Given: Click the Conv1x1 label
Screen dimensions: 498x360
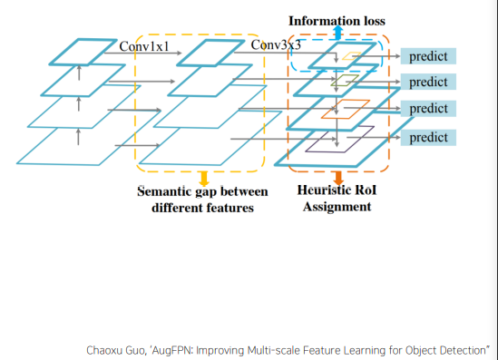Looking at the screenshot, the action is pyautogui.click(x=144, y=46).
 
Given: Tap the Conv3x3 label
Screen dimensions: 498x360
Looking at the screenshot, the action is pyautogui.click(x=276, y=45).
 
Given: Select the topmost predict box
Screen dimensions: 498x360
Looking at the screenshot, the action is pyautogui.click(x=428, y=56).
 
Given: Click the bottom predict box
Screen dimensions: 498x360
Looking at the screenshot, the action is pyautogui.click(x=428, y=138).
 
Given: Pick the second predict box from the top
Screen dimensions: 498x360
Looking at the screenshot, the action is pyautogui.click(x=428, y=82).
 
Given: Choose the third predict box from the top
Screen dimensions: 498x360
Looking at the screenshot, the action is pyautogui.click(x=428, y=109).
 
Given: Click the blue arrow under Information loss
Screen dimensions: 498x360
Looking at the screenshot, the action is pyautogui.click(x=338, y=33).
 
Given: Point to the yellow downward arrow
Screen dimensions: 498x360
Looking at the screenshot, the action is pyautogui.click(x=203, y=179).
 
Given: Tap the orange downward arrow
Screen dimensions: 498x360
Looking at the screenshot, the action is pyautogui.click(x=338, y=178).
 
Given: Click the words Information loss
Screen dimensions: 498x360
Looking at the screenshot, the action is pyautogui.click(x=337, y=21).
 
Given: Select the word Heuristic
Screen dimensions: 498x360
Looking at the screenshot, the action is pyautogui.click(x=324, y=190).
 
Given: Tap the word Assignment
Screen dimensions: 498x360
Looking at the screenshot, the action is pyautogui.click(x=337, y=207).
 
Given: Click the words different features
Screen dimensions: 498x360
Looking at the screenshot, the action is pyautogui.click(x=202, y=208).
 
